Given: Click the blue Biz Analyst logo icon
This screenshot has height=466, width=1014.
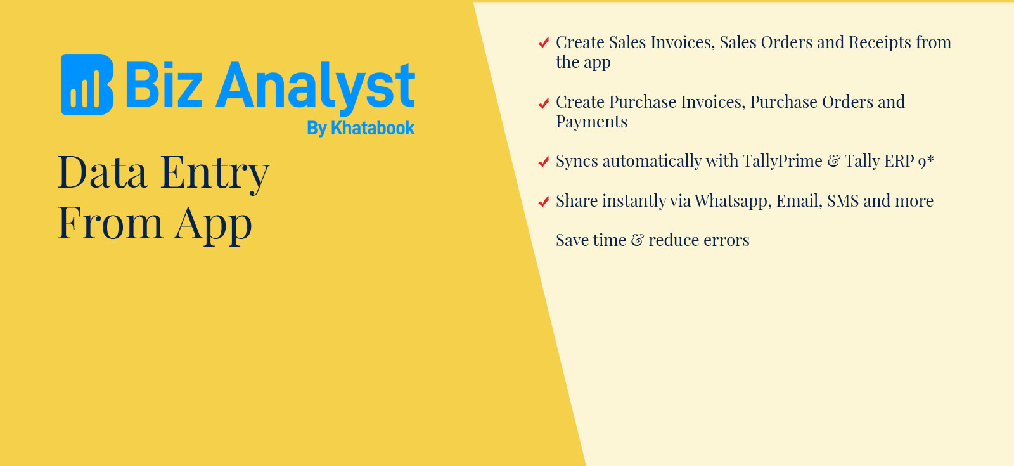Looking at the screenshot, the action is [x=87, y=85].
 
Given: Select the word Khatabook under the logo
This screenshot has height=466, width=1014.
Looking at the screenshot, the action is [x=373, y=128].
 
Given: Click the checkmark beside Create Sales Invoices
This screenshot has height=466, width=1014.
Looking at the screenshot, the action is [x=544, y=42].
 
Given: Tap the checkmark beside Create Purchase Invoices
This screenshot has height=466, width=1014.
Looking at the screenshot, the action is [x=544, y=104].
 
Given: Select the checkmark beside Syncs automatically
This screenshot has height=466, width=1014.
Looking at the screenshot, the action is [x=544, y=162].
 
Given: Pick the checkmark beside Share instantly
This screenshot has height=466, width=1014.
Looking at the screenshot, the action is [x=544, y=201].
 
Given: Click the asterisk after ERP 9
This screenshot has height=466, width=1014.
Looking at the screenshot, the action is [x=930, y=159].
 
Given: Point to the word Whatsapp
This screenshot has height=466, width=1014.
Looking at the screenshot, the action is [x=733, y=201].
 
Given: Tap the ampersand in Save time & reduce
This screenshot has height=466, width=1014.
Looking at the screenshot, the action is [x=637, y=240].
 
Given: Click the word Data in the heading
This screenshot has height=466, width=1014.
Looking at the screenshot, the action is [x=103, y=172].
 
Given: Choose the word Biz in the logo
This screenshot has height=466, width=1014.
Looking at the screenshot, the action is [x=164, y=85].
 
